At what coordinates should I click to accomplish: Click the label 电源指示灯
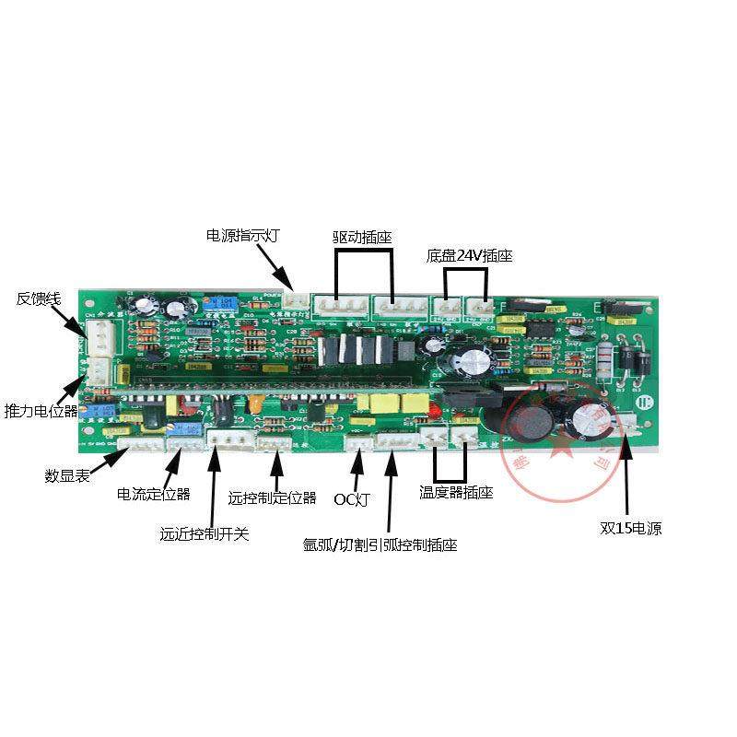click(242, 235)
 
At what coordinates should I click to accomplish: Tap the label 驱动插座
click(362, 237)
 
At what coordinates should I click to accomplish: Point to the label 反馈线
click(38, 298)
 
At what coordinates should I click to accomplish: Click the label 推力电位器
click(41, 409)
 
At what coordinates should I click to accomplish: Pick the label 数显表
click(66, 476)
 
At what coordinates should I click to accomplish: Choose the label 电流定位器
click(153, 494)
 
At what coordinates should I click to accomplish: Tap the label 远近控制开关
click(204, 533)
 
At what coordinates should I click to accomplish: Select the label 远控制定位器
click(272, 498)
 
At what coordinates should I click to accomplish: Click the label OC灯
click(351, 499)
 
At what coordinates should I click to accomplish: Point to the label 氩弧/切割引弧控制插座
click(380, 544)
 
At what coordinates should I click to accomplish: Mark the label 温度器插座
click(456, 493)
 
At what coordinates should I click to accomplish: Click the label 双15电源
click(631, 529)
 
